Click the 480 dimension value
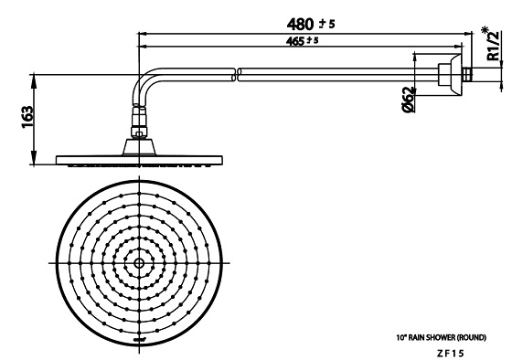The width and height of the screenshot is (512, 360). point(300,24)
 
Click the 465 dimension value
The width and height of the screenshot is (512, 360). point(295,41)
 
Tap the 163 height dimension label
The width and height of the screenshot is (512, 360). point(27,117)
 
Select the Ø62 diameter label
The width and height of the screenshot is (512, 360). point(409,100)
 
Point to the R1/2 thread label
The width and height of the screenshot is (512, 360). point(493,46)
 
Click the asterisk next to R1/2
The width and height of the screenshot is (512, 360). point(485,30)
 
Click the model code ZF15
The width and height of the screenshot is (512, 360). point(450,353)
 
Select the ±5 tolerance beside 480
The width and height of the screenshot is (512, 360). point(327,24)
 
